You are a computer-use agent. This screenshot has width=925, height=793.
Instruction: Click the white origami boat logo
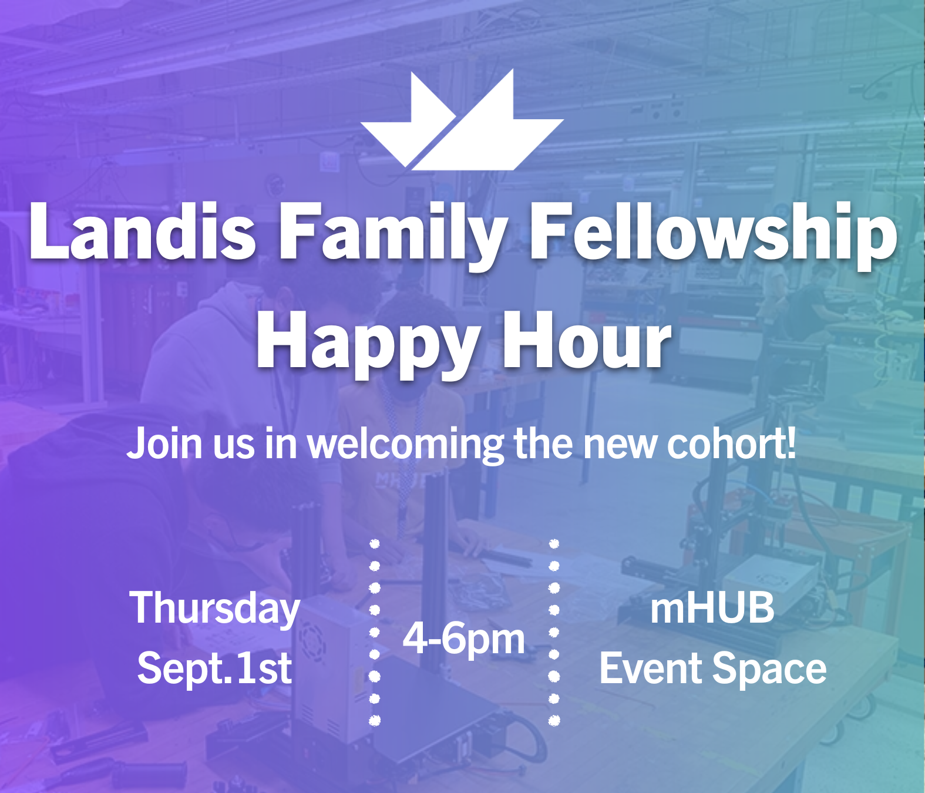(462, 121)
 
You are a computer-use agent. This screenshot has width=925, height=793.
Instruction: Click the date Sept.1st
(214, 670)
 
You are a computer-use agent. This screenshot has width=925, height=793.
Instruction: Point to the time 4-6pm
(463, 640)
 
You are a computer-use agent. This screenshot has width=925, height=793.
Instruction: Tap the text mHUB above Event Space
(712, 609)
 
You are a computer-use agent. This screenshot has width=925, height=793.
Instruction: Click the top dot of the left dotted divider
(375, 544)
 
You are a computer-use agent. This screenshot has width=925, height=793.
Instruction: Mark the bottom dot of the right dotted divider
(554, 720)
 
